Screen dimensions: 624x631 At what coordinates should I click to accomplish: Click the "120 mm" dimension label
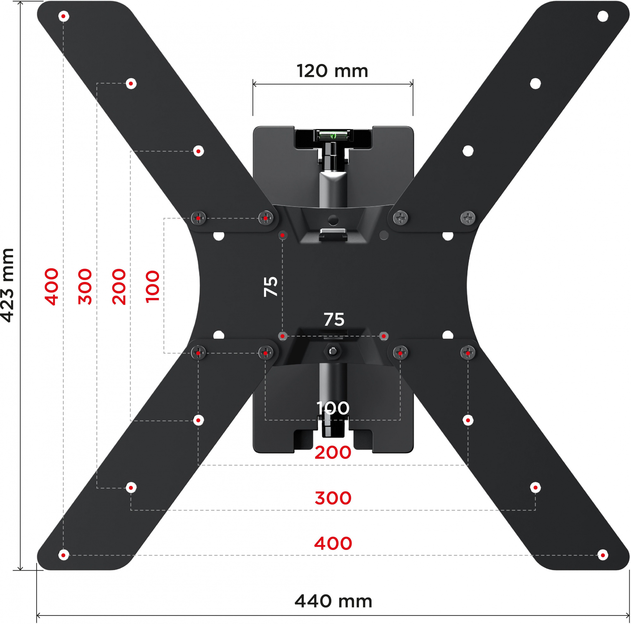pyautogui.click(x=332, y=71)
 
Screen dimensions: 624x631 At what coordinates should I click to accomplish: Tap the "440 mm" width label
pyautogui.click(x=333, y=601)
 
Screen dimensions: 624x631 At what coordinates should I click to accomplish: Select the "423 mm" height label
pyautogui.click(x=8, y=285)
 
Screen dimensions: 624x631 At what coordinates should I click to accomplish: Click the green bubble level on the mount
pyautogui.click(x=333, y=135)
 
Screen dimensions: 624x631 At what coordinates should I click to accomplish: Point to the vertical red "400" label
pyautogui.click(x=52, y=287)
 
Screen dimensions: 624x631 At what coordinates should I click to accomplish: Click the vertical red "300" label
pyautogui.click(x=85, y=287)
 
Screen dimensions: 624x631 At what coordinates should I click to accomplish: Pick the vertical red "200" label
pyautogui.click(x=119, y=287)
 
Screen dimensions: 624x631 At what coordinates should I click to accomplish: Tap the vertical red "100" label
pyautogui.click(x=152, y=287)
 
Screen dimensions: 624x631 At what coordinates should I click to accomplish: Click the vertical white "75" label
pyautogui.click(x=271, y=287)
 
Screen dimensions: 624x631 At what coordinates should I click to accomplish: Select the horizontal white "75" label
pyautogui.click(x=334, y=319)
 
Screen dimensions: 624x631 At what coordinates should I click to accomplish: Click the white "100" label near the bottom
pyautogui.click(x=333, y=408)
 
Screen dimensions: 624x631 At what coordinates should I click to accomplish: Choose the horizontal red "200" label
pyautogui.click(x=333, y=453)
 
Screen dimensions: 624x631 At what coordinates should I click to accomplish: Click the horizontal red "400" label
pyautogui.click(x=333, y=543)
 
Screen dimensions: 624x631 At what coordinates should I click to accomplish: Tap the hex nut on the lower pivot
pyautogui.click(x=333, y=352)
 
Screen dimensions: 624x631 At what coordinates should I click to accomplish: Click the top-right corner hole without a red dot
pyautogui.click(x=603, y=16)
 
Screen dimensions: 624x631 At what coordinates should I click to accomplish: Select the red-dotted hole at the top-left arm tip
pyautogui.click(x=63, y=16)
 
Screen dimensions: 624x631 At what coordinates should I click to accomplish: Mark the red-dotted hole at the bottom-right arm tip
pyautogui.click(x=603, y=555)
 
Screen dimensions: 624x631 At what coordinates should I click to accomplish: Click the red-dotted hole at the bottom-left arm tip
pyautogui.click(x=63, y=555)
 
